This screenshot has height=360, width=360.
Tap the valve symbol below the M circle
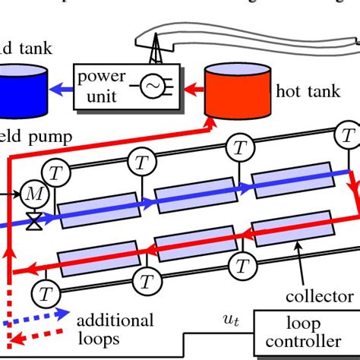click(33, 223)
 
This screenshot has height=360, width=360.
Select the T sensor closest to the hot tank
click(347, 137)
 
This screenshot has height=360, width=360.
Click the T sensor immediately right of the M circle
click(55, 172)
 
